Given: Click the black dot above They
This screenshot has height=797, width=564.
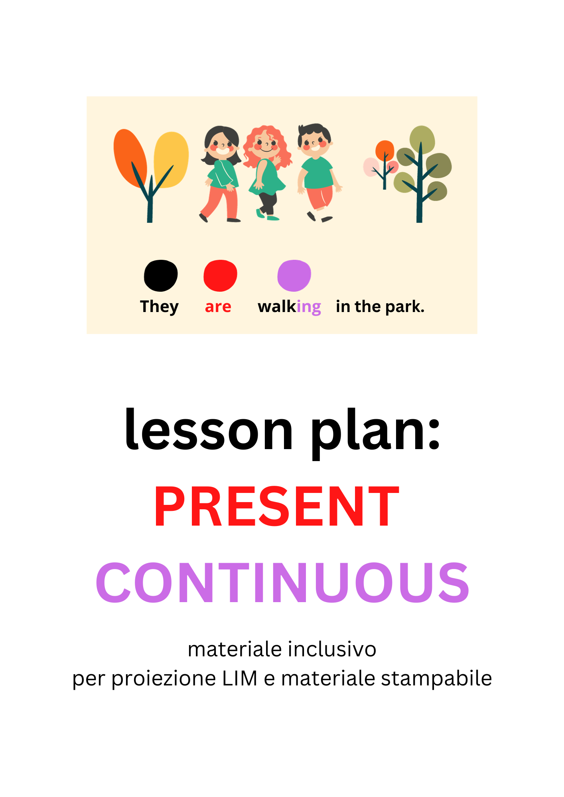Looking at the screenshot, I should click(x=161, y=275).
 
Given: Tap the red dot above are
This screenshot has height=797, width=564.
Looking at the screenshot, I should click(x=220, y=275).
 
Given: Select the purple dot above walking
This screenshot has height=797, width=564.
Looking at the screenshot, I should click(x=294, y=275).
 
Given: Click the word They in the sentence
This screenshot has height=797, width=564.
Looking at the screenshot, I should click(x=159, y=307).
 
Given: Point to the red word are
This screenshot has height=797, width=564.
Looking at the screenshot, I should click(x=218, y=307).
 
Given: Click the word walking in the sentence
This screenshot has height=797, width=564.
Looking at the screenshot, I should click(x=289, y=307).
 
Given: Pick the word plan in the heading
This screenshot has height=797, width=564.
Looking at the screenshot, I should click(x=375, y=432).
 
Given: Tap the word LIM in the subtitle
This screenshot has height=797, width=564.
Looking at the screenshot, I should click(x=240, y=679).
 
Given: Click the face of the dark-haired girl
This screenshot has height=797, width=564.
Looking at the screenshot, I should click(x=221, y=145).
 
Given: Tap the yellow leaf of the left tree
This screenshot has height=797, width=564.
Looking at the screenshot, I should click(x=172, y=157).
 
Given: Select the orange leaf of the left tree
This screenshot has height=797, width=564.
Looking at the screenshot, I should click(x=130, y=155).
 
